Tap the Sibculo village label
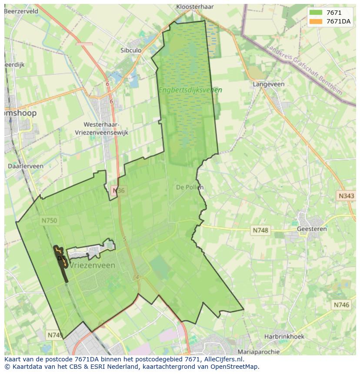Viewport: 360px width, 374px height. click(x=131, y=50)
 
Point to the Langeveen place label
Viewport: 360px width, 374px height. click(x=269, y=84)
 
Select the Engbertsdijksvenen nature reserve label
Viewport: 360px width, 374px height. click(x=190, y=90)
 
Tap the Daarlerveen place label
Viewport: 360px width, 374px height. click(x=26, y=166)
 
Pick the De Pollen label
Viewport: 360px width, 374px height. click(x=190, y=187)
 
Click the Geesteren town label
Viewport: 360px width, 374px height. click(x=311, y=229)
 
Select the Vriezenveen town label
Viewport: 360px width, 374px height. click(x=92, y=265)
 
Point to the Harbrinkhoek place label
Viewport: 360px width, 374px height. click(x=284, y=336)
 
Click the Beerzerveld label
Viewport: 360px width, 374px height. click(x=21, y=11)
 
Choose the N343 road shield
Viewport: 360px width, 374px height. click(x=346, y=196)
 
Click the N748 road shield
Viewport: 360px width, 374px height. click(x=260, y=230)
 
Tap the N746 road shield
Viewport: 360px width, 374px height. click(x=341, y=305)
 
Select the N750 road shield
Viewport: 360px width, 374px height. click(x=49, y=221)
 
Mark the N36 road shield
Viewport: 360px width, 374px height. click(x=118, y=190)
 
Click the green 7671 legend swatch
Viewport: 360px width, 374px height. click(x=316, y=13)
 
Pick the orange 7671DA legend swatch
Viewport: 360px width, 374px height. click(x=316, y=21)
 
